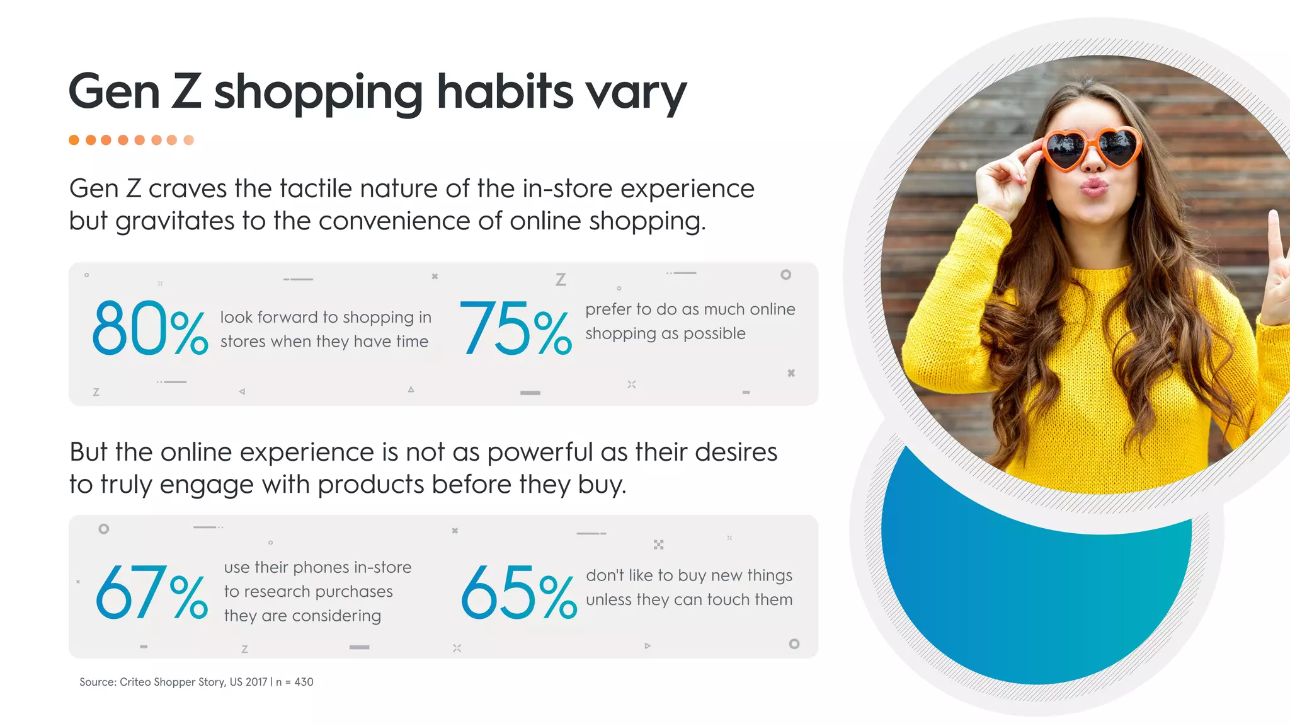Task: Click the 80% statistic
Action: click(149, 328)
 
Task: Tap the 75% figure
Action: click(515, 328)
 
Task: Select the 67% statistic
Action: click(151, 592)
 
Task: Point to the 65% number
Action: click(518, 592)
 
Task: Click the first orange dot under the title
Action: click(74, 140)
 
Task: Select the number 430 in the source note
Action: click(304, 682)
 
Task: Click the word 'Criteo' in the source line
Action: click(135, 682)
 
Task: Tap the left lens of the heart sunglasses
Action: click(1066, 149)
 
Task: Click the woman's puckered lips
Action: click(1095, 187)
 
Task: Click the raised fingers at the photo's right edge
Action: click(1279, 265)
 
